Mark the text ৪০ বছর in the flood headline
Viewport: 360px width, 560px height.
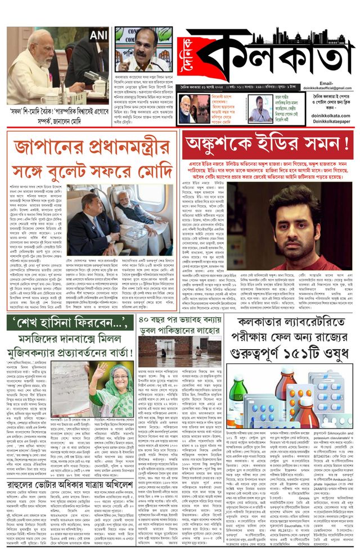[x=154, y=323]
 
